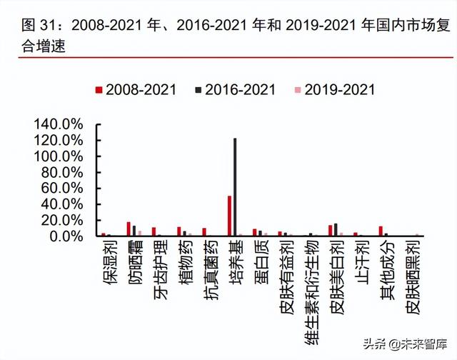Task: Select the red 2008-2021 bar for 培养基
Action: [229, 216]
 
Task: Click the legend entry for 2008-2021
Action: [135, 89]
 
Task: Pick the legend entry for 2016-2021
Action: [235, 89]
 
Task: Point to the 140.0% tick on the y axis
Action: [58, 124]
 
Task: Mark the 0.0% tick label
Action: [65, 236]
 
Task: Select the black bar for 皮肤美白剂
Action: [336, 229]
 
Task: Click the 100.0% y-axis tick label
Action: [58, 156]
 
